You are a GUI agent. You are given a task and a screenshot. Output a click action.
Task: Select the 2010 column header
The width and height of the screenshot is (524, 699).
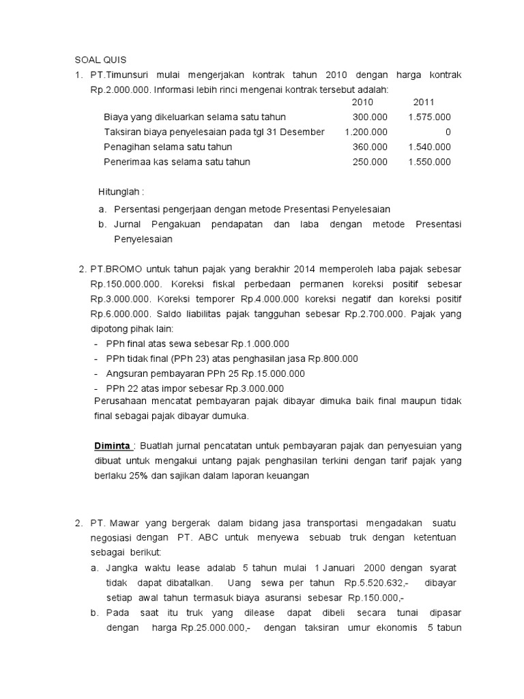(x=362, y=102)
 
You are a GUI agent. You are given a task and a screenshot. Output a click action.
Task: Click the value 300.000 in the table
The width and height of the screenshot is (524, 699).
(x=370, y=117)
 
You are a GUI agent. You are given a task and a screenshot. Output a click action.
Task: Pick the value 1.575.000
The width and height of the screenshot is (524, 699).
(x=429, y=117)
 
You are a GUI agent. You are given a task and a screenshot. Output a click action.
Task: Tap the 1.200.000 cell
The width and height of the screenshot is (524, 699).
(x=366, y=132)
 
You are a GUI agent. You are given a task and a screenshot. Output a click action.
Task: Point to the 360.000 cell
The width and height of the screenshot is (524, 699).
(x=370, y=147)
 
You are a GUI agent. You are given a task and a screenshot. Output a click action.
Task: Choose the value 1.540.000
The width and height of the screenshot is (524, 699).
(x=429, y=147)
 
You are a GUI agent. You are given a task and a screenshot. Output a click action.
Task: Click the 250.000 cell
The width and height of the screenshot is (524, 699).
(x=370, y=162)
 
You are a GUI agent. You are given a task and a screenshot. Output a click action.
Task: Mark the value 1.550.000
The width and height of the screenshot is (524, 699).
(x=429, y=162)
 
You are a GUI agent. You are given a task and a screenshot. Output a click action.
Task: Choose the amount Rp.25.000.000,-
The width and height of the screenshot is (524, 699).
(x=210, y=629)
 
